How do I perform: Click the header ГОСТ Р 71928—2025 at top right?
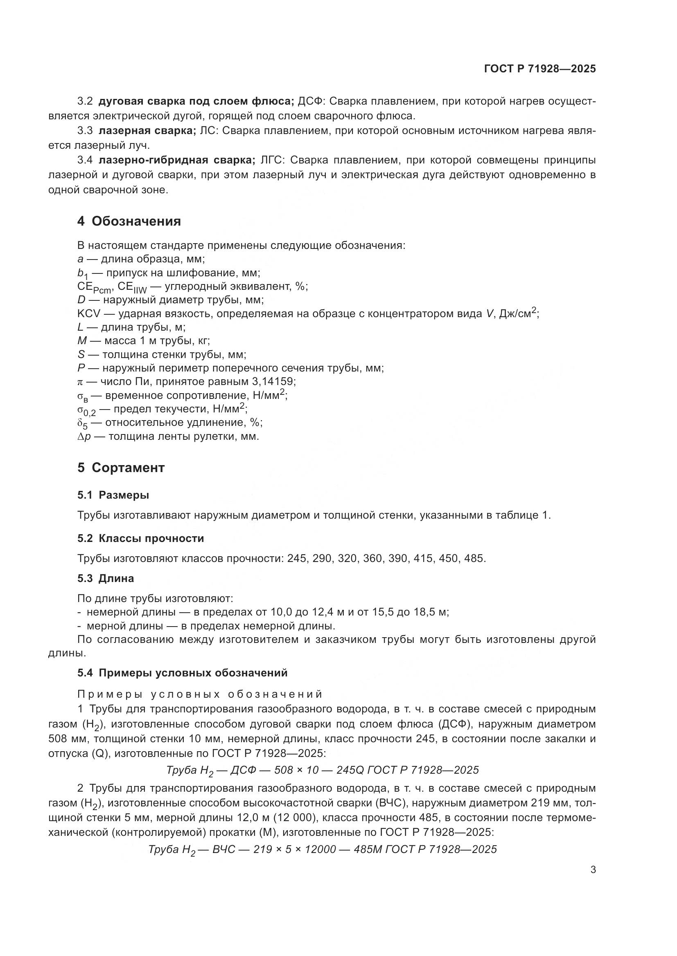540,69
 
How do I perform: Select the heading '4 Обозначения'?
129,221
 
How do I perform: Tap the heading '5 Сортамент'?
121,468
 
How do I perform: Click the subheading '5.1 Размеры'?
113,495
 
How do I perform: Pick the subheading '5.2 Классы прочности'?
140,538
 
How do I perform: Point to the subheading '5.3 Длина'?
106,578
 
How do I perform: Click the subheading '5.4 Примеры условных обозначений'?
182,673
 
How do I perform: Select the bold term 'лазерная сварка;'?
147,131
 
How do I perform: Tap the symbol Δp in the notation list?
84,437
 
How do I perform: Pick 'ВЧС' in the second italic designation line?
224,849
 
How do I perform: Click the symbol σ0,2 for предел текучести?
86,410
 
